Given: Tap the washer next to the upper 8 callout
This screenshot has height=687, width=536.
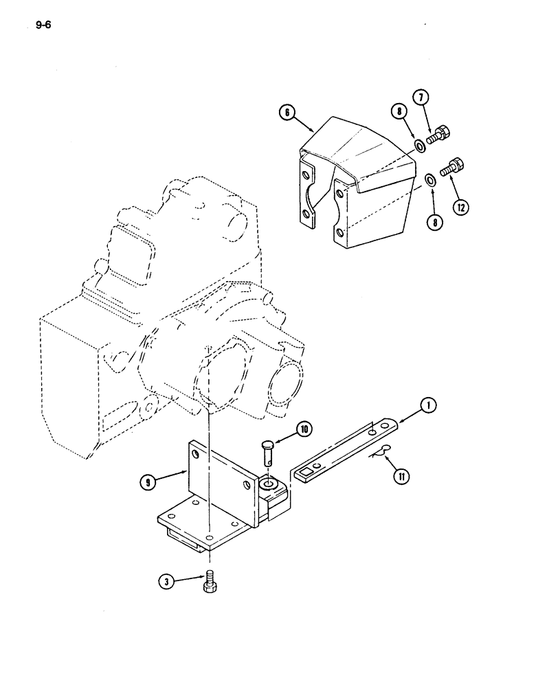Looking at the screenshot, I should point(418,146).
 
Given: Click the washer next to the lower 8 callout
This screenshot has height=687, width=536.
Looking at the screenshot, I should point(429,180).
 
